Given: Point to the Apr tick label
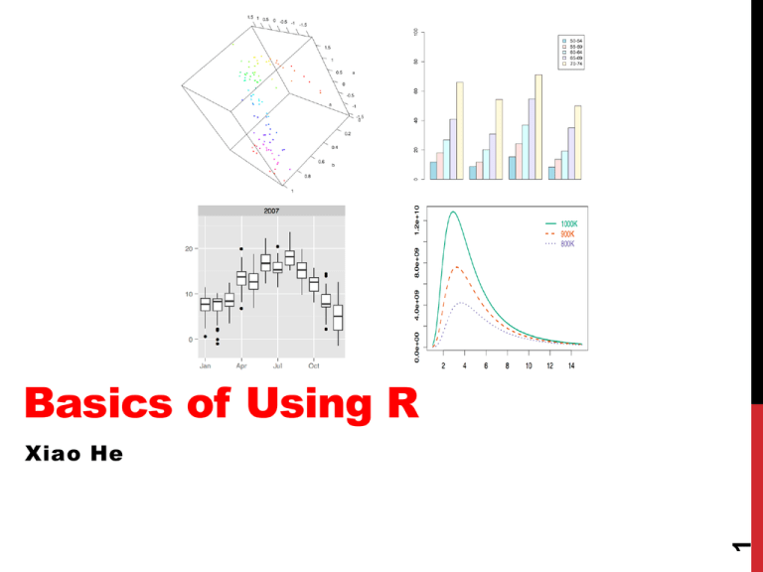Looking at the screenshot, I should click(x=241, y=365).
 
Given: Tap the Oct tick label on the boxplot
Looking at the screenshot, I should click(x=313, y=365).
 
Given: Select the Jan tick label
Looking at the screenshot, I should click(x=205, y=365).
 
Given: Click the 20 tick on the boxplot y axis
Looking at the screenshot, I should click(x=188, y=248).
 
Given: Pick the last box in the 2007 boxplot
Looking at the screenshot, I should click(x=338, y=318).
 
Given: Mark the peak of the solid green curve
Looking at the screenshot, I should click(x=454, y=212).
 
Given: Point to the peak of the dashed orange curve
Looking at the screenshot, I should click(x=456, y=267).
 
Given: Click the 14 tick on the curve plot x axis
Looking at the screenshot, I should click(x=571, y=365).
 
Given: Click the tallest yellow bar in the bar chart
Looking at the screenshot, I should click(x=538, y=127).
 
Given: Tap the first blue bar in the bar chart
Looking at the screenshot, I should click(x=433, y=170).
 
